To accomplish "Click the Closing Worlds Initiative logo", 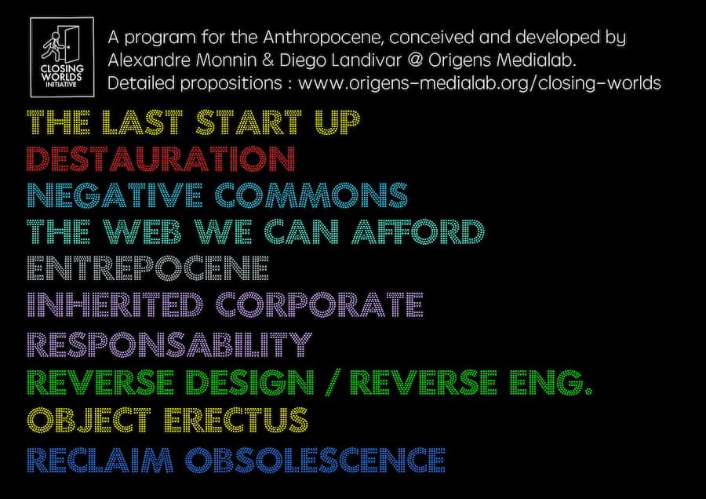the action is click(x=62, y=57).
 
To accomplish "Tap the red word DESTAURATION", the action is click(x=161, y=158).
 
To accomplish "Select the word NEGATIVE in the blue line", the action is click(x=115, y=195).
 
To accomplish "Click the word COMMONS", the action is click(x=311, y=195).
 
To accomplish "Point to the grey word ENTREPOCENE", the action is click(x=147, y=268).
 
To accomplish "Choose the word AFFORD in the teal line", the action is click(x=418, y=231).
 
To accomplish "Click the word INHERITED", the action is click(x=115, y=305).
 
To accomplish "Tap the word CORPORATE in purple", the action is click(x=319, y=305).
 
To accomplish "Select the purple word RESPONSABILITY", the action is click(x=169, y=344).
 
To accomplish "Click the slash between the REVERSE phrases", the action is click(x=331, y=383).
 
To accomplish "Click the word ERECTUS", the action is click(x=236, y=420).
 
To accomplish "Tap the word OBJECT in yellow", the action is click(x=89, y=420).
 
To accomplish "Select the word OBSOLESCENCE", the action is click(x=315, y=460).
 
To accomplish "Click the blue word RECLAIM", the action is click(x=100, y=460).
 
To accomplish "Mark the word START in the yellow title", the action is click(x=249, y=122).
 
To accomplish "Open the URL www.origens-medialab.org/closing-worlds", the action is click(x=479, y=83).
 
